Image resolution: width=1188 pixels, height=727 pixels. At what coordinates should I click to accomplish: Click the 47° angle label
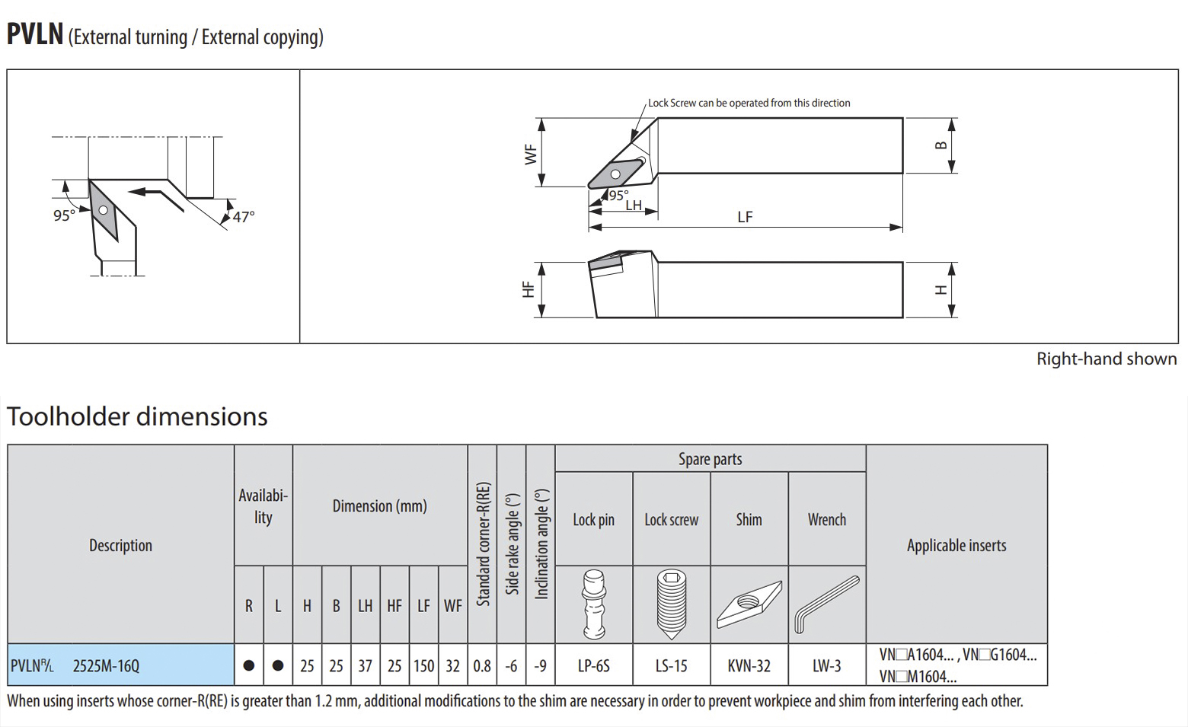(244, 217)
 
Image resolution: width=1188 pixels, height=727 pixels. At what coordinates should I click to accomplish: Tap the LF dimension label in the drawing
(745, 217)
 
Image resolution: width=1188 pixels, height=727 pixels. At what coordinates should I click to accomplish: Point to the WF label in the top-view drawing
(531, 154)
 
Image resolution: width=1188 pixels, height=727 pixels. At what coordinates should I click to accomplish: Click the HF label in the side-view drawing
(528, 289)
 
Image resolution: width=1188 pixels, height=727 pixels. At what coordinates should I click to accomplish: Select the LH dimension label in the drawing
(634, 206)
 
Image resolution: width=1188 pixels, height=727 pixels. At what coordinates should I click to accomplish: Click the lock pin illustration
(594, 604)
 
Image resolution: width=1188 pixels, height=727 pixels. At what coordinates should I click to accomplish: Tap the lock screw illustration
(671, 604)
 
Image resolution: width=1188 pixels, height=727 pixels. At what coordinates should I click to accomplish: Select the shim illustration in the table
(749, 604)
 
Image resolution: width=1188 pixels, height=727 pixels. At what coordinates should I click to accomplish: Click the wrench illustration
(826, 604)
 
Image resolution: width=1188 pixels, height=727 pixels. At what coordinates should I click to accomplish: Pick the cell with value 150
(423, 666)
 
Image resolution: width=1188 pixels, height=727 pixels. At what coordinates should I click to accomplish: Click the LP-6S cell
(594, 666)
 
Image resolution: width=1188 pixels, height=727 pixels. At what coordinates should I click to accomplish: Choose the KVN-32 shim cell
(749, 666)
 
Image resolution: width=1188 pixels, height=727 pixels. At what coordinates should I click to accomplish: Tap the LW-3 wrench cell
(826, 666)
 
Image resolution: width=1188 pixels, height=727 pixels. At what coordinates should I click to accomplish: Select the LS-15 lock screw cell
(671, 666)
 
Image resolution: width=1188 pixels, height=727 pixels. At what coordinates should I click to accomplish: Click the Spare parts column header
(710, 459)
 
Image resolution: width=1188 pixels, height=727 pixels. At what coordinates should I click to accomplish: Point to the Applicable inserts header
(956, 545)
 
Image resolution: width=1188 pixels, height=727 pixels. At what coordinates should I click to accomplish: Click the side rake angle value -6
(511, 666)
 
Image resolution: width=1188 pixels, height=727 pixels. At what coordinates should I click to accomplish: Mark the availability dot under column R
(249, 666)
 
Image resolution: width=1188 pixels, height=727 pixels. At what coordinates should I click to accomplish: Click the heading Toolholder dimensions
(137, 416)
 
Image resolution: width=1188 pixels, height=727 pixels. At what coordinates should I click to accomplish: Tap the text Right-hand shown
(1106, 359)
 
